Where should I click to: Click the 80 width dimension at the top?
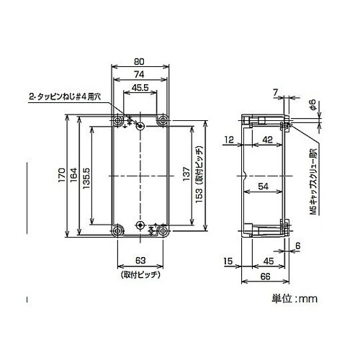[139, 62]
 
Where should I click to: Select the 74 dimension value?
[139, 75]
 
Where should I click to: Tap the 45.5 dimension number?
[140, 88]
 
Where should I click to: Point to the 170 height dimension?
[62, 176]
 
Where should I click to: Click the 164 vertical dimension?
[74, 175]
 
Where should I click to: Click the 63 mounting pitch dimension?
[140, 261]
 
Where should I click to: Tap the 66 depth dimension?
[265, 276]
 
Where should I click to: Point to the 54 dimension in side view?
[263, 186]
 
